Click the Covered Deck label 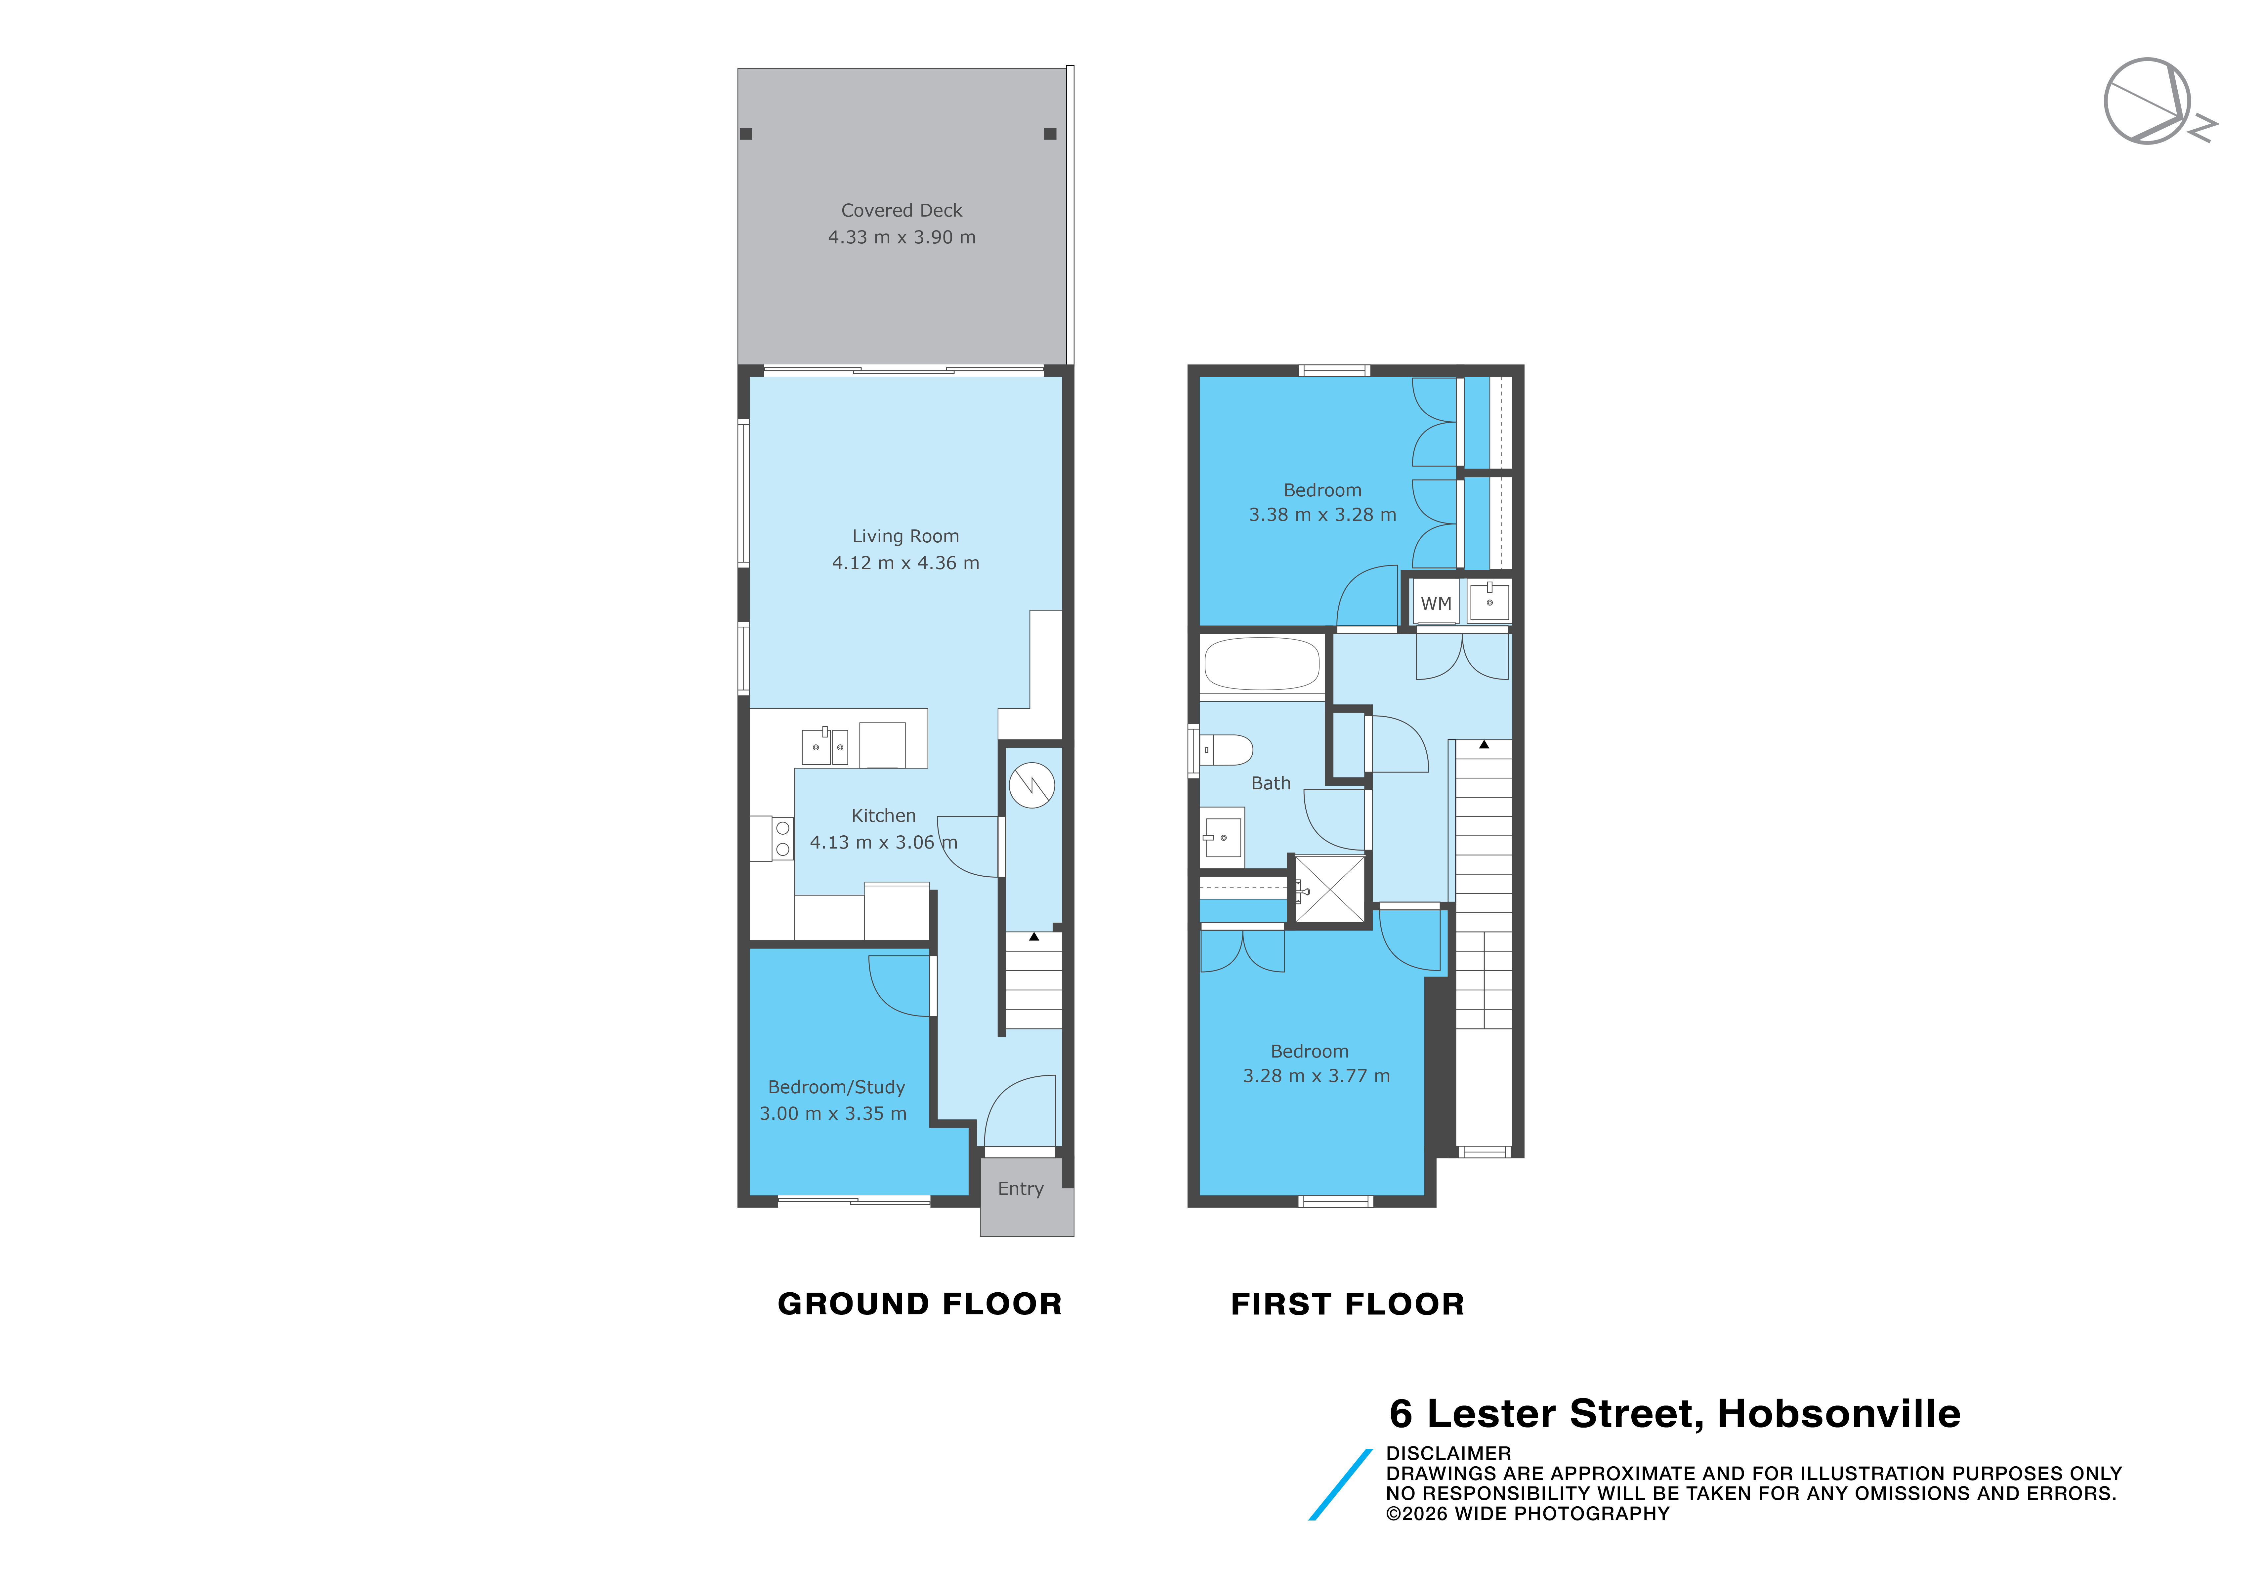(901, 210)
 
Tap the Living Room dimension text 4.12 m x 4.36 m (905, 562)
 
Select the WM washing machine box (1436, 603)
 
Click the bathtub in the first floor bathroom (1262, 664)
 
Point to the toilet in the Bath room (1225, 750)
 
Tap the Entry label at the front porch (1021, 1188)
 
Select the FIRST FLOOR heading (1348, 1303)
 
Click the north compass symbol (2153, 102)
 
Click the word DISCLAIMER (1448, 1453)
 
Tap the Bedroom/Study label (836, 1087)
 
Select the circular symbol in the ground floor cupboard (1031, 785)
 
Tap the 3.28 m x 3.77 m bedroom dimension (1316, 1076)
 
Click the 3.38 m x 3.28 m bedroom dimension (1322, 514)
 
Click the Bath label (1271, 783)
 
